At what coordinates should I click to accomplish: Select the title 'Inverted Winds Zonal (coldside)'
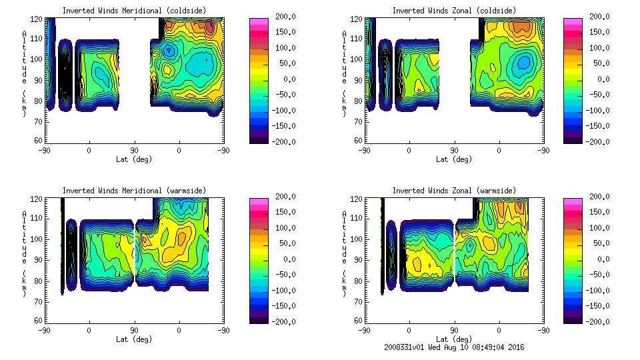point(454,11)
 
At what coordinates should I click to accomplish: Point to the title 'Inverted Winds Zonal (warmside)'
point(454,191)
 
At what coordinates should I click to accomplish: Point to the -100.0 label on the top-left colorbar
point(281,110)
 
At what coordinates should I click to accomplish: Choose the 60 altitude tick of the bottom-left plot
point(41,321)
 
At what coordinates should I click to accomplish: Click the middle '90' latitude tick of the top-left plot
point(134,150)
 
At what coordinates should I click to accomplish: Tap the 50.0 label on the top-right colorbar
point(599,63)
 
